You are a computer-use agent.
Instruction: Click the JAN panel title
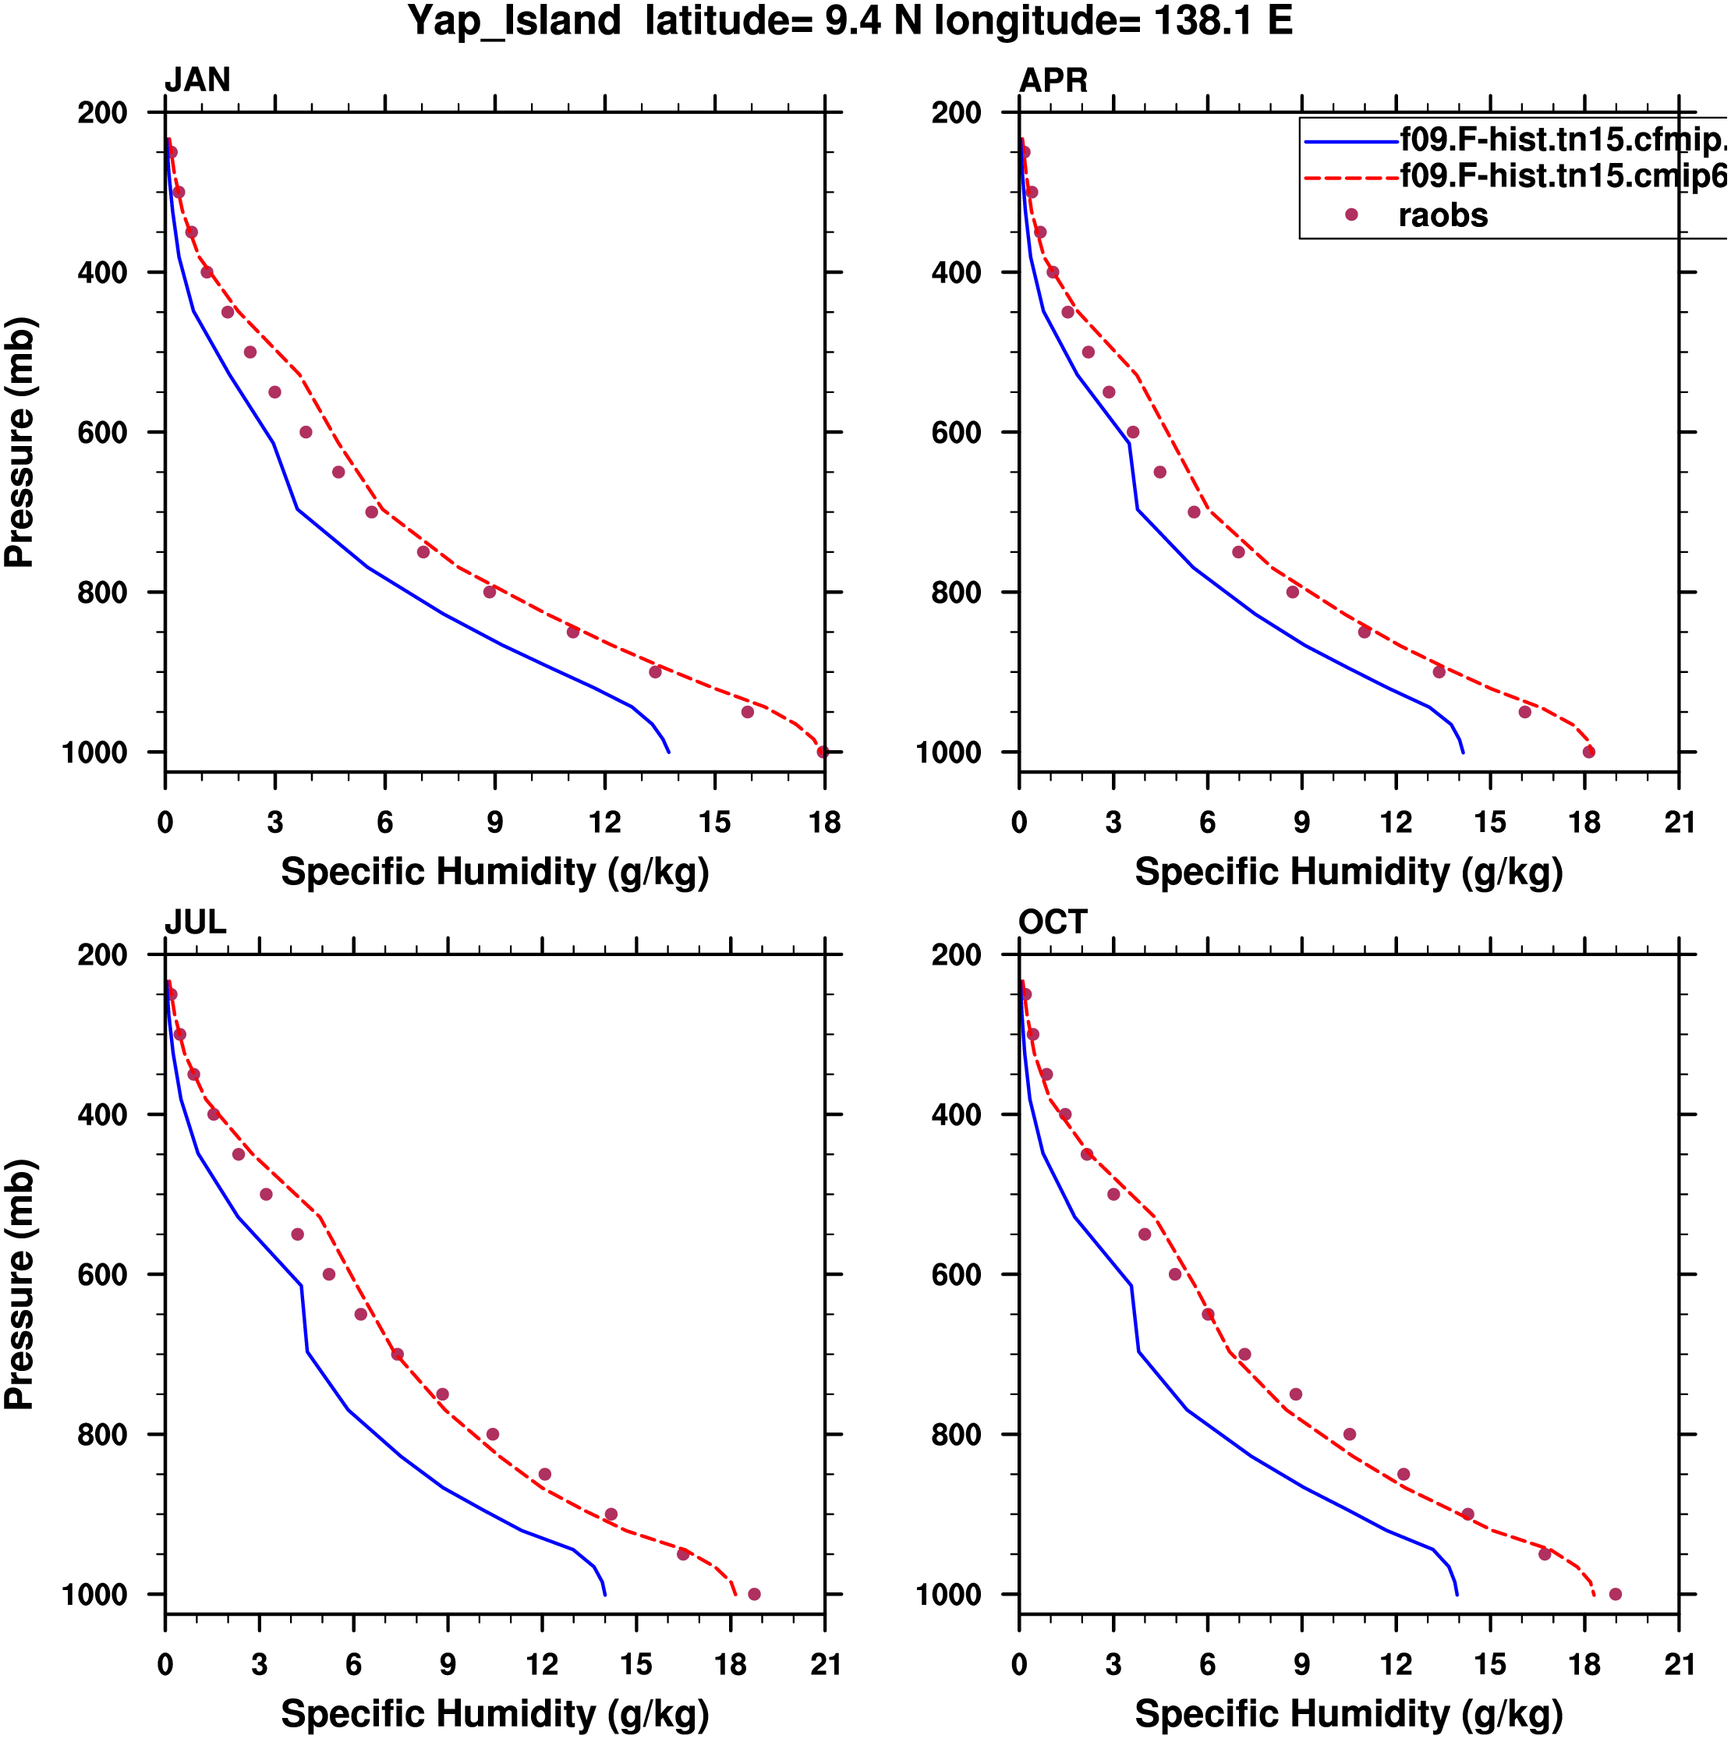tap(197, 80)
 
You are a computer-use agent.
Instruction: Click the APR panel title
tap(1053, 80)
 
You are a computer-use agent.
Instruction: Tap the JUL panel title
tap(196, 922)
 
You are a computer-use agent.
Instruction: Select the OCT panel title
tap(1053, 922)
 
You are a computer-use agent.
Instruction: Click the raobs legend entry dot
tap(1350, 214)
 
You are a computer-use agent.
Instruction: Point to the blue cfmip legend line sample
tap(1350, 142)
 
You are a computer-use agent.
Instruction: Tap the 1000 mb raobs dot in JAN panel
tap(822, 752)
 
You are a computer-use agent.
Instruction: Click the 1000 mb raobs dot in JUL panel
tap(754, 1594)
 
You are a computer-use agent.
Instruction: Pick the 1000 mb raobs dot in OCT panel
tap(1615, 1594)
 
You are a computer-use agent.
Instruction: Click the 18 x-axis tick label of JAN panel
tap(824, 822)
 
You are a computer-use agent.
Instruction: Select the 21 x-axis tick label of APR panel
tap(1679, 822)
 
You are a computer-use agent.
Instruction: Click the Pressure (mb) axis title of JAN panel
tap(19, 442)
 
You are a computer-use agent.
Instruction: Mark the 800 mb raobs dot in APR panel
tap(1293, 591)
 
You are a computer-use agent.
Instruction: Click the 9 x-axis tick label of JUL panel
tap(448, 1664)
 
